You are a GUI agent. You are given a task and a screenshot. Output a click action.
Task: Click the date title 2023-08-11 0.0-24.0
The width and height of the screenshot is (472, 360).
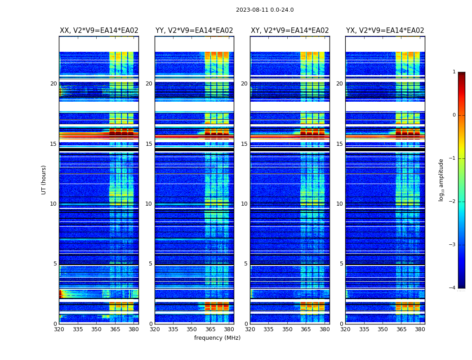(265, 10)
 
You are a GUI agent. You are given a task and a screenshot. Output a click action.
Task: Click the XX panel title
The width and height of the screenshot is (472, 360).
(99, 31)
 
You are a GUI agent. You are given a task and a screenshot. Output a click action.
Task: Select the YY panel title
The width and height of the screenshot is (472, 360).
(194, 31)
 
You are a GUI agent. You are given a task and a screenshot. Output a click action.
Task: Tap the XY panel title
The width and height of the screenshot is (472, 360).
(289, 31)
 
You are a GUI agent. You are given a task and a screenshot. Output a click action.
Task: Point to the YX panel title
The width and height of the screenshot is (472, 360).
(385, 31)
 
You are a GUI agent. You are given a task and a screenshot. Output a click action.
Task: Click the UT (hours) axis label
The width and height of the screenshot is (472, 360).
(44, 180)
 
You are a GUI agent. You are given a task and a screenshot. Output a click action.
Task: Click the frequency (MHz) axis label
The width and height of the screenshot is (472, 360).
(217, 338)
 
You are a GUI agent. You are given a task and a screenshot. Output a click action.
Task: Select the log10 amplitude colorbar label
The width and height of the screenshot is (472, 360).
(441, 180)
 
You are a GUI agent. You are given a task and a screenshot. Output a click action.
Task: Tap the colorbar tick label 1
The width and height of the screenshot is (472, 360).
(454, 72)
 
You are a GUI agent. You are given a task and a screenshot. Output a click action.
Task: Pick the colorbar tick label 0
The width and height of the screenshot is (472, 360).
(454, 115)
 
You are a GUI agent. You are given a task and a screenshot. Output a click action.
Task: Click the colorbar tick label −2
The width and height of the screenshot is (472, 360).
(453, 202)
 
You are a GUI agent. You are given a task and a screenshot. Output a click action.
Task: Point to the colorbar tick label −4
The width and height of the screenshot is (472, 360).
(453, 288)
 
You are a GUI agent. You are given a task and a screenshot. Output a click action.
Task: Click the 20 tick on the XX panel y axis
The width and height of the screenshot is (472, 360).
(53, 84)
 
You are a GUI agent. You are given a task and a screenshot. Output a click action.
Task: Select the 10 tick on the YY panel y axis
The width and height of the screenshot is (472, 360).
(149, 204)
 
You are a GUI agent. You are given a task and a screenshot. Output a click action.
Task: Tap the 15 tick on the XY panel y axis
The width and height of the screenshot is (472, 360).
(244, 144)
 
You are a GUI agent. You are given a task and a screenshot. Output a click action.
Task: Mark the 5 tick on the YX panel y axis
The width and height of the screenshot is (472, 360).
(341, 264)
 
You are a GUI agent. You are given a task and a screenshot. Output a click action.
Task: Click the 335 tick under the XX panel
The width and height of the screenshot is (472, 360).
(78, 329)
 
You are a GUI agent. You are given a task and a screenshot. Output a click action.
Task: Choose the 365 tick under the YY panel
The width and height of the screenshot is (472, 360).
(211, 329)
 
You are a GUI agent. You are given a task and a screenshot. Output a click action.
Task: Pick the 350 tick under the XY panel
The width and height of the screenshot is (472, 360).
(287, 329)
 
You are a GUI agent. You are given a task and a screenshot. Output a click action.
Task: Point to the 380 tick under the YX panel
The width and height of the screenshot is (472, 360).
(420, 329)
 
